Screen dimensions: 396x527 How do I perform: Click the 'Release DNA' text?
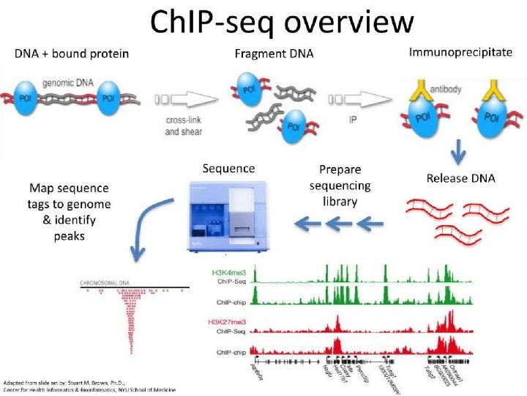point(460,177)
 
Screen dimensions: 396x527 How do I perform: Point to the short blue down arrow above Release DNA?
point(457,153)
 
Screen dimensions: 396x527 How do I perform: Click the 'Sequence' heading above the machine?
point(229,169)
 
